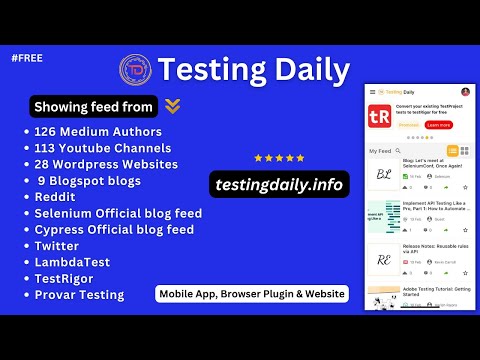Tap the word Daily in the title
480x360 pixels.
[313, 70]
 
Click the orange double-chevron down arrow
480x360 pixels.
[173, 105]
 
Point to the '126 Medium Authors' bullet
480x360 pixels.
[98, 131]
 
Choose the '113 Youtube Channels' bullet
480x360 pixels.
[104, 148]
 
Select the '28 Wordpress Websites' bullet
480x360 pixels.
[106, 164]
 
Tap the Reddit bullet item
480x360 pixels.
[57, 197]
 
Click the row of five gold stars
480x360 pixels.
[279, 158]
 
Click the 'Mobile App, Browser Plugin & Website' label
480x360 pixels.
[251, 294]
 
